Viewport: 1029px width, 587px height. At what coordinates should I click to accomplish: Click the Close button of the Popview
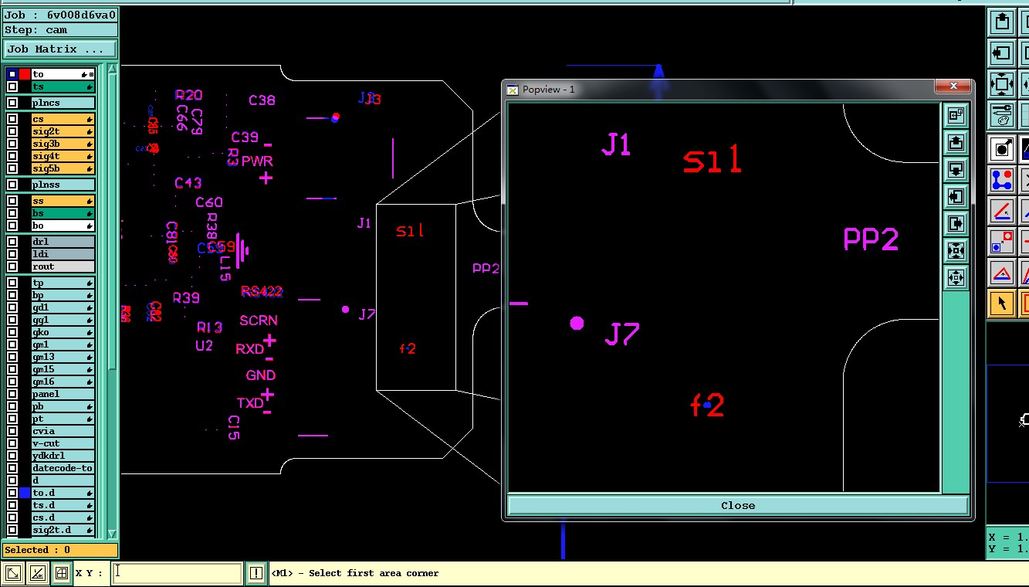[x=737, y=505]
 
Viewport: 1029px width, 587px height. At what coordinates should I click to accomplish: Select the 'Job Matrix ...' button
[x=60, y=49]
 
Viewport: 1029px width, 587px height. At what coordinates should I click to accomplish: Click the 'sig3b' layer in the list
[x=62, y=144]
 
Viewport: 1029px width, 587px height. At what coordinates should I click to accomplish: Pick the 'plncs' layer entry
[x=62, y=103]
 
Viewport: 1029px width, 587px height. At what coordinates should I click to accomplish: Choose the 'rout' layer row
[x=62, y=266]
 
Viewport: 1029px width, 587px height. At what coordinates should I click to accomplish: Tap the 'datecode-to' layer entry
[x=62, y=468]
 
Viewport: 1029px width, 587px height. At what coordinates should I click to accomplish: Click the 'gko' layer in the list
[x=62, y=332]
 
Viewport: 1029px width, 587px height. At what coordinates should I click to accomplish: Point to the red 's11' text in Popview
[x=712, y=161]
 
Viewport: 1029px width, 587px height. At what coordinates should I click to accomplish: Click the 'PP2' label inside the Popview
[x=871, y=239]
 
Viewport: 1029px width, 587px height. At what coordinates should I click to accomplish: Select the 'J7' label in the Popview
[x=622, y=334]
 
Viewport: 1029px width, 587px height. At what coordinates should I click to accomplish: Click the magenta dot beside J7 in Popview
[x=577, y=323]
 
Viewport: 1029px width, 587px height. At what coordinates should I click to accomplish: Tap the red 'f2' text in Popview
[x=707, y=405]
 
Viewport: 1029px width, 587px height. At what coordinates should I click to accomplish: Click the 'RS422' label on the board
[x=262, y=291]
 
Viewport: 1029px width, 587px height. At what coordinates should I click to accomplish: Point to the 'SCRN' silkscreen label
[x=259, y=321]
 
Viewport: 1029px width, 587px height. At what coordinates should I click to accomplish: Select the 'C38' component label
[x=262, y=100]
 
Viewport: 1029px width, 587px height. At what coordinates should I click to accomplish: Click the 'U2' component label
[x=204, y=345]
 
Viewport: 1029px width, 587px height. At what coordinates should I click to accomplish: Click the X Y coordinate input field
[x=178, y=573]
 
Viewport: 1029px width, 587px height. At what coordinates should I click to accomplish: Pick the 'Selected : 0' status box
[x=60, y=550]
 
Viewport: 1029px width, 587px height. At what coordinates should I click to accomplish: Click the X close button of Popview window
[x=954, y=86]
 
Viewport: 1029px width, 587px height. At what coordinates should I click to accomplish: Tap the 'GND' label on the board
[x=261, y=375]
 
